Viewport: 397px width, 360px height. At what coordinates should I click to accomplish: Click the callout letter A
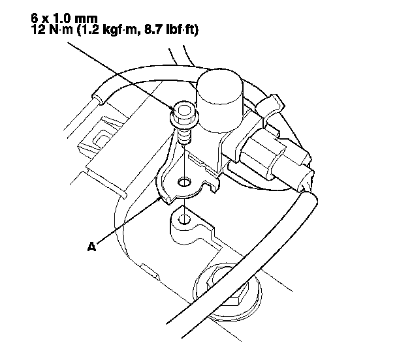(91, 247)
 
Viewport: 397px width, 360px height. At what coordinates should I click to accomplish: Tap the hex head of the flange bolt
(183, 111)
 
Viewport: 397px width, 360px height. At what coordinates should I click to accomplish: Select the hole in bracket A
(184, 181)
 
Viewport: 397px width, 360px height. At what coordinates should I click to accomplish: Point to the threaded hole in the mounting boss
(185, 219)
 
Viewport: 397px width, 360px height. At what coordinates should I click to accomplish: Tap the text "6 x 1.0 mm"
(64, 18)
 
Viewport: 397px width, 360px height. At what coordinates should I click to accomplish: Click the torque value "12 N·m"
(52, 30)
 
